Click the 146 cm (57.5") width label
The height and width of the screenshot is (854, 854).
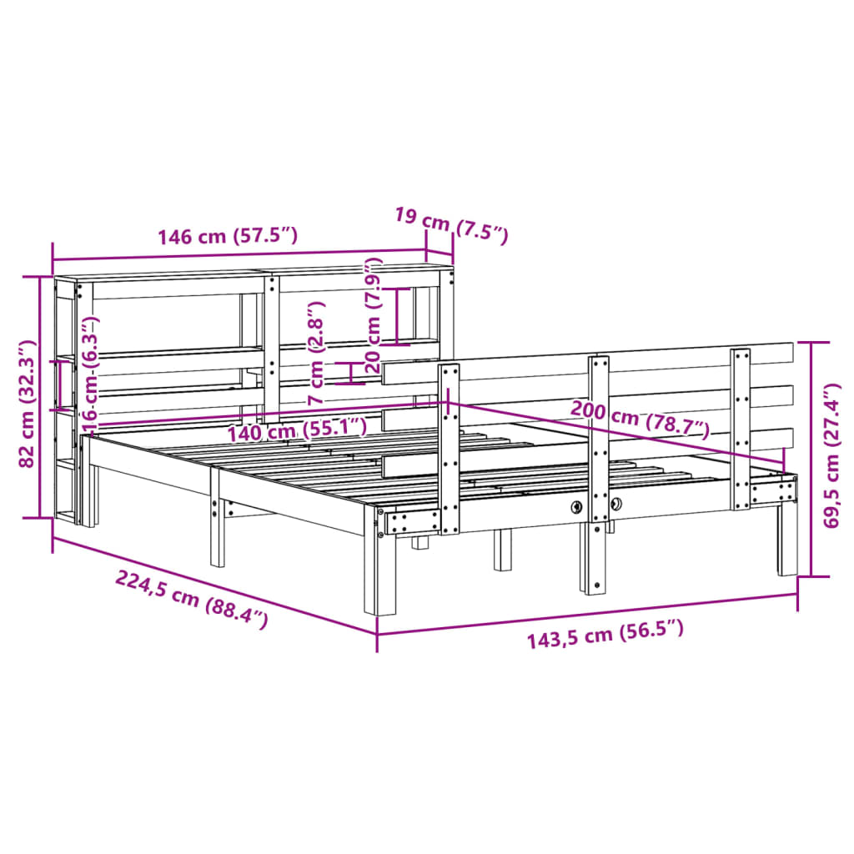tap(228, 236)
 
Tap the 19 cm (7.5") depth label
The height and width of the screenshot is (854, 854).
tap(450, 226)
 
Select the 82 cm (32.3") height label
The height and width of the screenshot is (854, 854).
tap(28, 404)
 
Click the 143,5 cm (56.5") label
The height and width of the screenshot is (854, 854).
tap(605, 636)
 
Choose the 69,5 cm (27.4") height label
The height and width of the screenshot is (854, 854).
tap(831, 456)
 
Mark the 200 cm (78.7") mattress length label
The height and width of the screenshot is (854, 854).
tap(640, 419)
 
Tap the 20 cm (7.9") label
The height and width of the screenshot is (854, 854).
tap(373, 315)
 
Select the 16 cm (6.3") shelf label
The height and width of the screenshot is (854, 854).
tap(91, 372)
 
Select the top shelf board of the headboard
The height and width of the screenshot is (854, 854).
tap(250, 273)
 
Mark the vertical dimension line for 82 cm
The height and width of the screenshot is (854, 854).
tap(39, 397)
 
